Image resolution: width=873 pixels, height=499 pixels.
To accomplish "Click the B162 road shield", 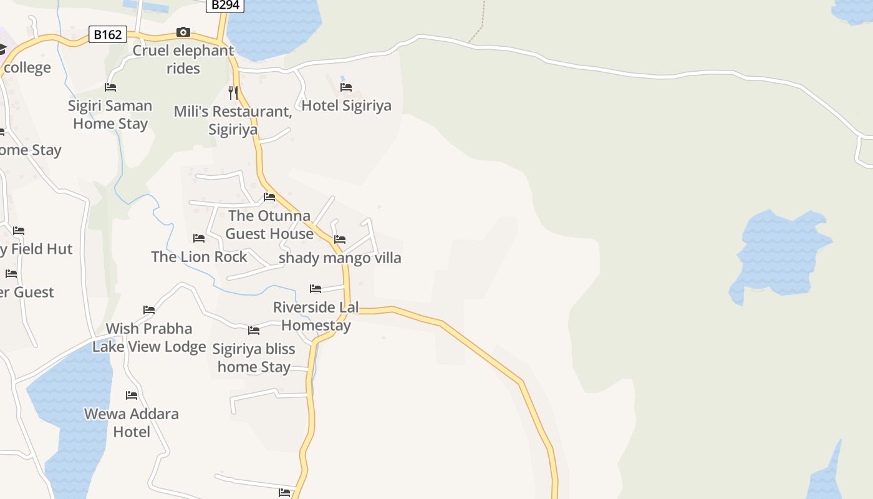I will pyautogui.click(x=108, y=34).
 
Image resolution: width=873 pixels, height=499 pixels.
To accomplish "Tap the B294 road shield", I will pyautogui.click(x=224, y=5).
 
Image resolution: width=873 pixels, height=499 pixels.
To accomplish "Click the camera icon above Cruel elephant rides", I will pyautogui.click(x=183, y=32).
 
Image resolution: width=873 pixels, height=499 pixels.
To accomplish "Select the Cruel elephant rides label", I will pyautogui.click(x=183, y=59).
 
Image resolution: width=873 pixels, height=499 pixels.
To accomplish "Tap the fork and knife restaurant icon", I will pyautogui.click(x=233, y=93).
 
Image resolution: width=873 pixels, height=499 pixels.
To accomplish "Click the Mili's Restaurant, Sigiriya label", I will pyautogui.click(x=233, y=120).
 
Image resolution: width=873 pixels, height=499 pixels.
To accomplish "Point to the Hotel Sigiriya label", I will pyautogui.click(x=346, y=105).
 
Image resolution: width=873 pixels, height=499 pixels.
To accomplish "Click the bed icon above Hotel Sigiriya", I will pyautogui.click(x=346, y=87).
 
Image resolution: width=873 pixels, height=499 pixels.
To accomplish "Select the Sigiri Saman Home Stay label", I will pyautogui.click(x=110, y=114).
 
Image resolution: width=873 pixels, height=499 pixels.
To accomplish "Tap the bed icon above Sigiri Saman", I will pyautogui.click(x=110, y=87).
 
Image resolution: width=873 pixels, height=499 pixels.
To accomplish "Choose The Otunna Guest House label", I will pyautogui.click(x=269, y=225).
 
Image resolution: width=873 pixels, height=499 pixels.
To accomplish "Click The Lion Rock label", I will pyautogui.click(x=199, y=256).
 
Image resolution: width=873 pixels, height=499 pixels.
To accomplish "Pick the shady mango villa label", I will pyautogui.click(x=340, y=258).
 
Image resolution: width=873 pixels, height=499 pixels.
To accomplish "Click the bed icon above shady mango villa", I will pyautogui.click(x=340, y=239).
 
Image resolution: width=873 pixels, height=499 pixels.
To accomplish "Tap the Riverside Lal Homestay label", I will pyautogui.click(x=316, y=316).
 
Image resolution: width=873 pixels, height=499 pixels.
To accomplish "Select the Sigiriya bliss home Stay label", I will pyautogui.click(x=254, y=357).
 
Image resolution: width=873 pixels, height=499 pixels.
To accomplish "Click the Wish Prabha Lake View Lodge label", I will pyautogui.click(x=149, y=337).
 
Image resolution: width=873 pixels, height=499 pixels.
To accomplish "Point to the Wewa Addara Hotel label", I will pyautogui.click(x=132, y=422).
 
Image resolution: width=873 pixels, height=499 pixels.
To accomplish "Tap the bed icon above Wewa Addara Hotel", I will pyautogui.click(x=132, y=395).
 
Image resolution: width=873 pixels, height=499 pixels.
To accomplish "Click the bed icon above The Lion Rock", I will pyautogui.click(x=199, y=238).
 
